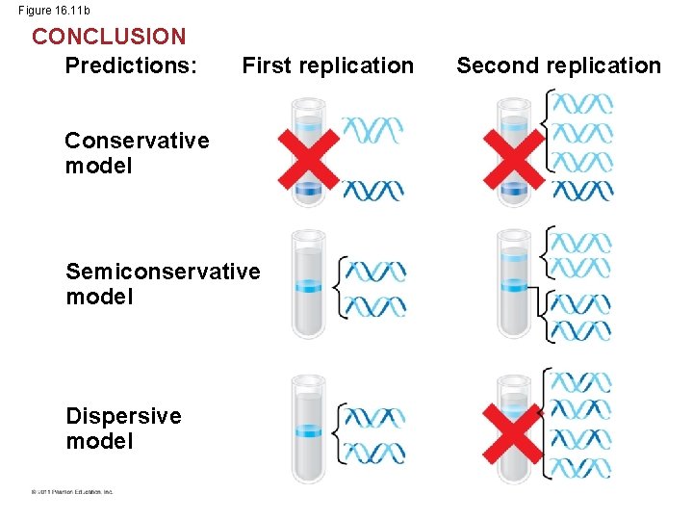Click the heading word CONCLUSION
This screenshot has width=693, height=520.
point(109,37)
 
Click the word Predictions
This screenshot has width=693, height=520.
point(131,65)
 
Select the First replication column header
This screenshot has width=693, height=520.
point(327,65)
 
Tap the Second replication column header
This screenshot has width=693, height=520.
point(558,65)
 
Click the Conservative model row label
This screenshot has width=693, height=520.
point(137,153)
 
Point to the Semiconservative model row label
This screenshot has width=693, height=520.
point(163,284)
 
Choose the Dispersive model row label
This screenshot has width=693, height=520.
point(123,429)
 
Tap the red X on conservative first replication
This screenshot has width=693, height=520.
point(309,159)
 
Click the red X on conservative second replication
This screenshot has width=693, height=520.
point(513,159)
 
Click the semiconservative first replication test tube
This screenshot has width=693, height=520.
point(309,285)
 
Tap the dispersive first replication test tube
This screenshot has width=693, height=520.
point(309,429)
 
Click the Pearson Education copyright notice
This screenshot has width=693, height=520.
point(71,491)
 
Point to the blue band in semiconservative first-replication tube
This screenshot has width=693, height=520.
point(309,286)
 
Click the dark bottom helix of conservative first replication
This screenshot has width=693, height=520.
point(372,189)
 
